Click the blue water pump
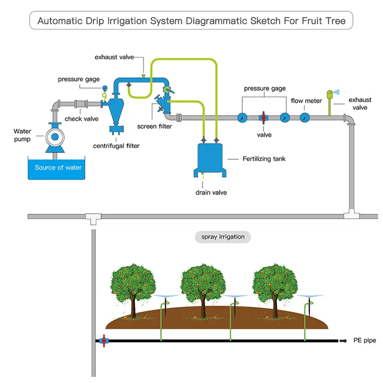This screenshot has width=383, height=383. coord(54,137)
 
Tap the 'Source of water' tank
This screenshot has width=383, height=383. coord(58,167)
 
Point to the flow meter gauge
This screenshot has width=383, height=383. coord(305,117)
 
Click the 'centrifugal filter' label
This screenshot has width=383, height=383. coord(116,146)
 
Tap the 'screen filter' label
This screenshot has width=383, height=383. coord(154,126)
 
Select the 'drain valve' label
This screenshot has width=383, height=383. coord(211,193)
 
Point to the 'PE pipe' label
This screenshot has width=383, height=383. coord(364,340)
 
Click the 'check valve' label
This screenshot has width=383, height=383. coord(81,119)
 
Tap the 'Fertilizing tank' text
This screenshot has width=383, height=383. coord(264,159)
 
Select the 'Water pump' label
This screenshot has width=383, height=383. coord(22,135)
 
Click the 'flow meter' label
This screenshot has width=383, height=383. coord(306,101)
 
